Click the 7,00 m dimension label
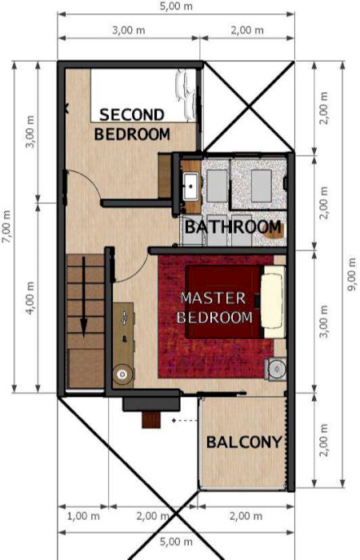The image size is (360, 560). pos(7,226)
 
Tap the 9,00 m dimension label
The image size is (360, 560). pos(352,274)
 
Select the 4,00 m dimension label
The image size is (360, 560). pos(30,298)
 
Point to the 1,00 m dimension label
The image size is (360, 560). pos(83,516)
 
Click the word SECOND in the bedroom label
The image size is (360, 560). pos(132,114)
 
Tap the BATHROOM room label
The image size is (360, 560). pos(233,227)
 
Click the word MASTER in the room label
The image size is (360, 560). pos(214,298)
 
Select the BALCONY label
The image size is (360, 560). pos(244,442)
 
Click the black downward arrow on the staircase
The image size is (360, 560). pos(83,298)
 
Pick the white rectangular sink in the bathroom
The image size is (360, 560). pos(191,186)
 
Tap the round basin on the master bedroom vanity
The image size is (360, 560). pos(122,374)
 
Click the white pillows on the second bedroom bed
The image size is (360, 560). pos(186,95)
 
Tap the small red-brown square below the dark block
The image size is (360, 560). pos(151,420)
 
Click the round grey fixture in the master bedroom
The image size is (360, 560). pos(277,369)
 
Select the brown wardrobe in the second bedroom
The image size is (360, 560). pos(165,176)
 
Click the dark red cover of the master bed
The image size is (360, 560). pos(224,302)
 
